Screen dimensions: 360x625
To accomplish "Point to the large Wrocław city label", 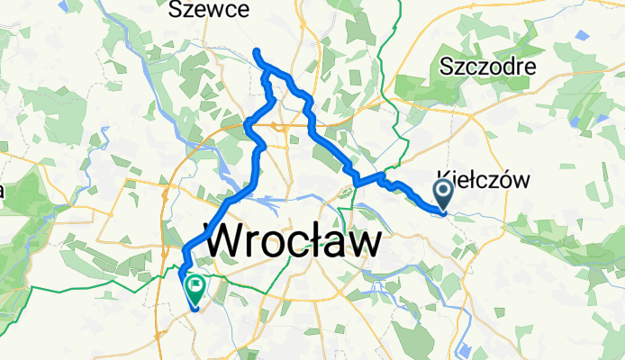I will (294, 242).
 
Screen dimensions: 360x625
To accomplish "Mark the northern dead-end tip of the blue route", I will (257, 50).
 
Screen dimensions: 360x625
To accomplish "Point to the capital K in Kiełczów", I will (443, 179).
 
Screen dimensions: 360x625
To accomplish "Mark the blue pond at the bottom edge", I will (466, 351).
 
